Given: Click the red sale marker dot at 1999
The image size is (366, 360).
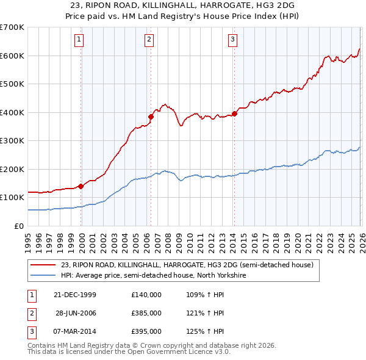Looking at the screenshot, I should pos(81,187).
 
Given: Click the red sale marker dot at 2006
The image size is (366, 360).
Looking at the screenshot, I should pos(151,117).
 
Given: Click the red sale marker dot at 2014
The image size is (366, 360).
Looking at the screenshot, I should pos(234,113).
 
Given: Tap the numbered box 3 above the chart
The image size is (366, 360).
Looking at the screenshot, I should pos(232,40).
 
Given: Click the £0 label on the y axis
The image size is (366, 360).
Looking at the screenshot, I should pos(20,226).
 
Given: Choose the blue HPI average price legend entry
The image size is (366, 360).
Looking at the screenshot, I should pos(152,275).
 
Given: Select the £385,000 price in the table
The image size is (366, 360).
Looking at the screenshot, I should pos(146,312).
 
